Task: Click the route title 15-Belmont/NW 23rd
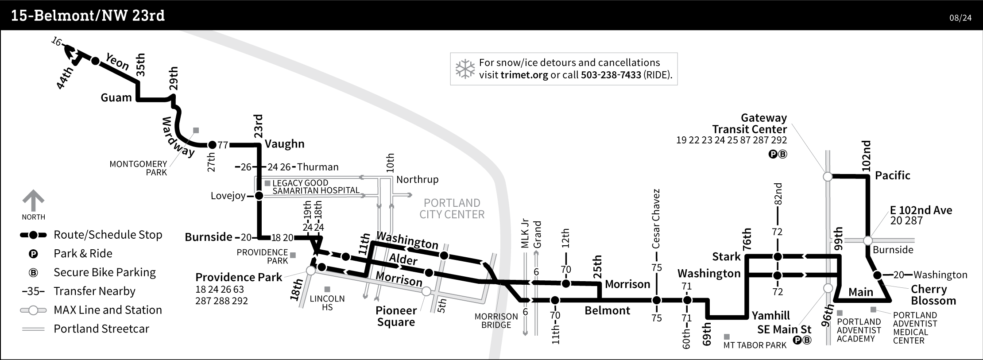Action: coord(88,16)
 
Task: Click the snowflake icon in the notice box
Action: coord(465,69)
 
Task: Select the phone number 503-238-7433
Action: coord(611,75)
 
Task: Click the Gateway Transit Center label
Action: coord(750,124)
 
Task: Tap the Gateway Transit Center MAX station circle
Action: coord(828,177)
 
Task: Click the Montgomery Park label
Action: coord(138,168)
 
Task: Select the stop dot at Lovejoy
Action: coord(259,196)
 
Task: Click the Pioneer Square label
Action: coord(396,316)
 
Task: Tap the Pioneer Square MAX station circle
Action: coord(426,291)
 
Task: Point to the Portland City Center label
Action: coord(452,209)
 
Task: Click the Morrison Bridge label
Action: coord(496,321)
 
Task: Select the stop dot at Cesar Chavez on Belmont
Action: coord(657,300)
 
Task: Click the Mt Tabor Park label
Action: coord(755,345)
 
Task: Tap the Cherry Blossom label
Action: coord(933,295)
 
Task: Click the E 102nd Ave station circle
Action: coord(868,240)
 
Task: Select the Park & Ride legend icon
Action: coord(33,254)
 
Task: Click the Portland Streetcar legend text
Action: coord(101,329)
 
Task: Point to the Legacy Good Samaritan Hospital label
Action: coord(316,186)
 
